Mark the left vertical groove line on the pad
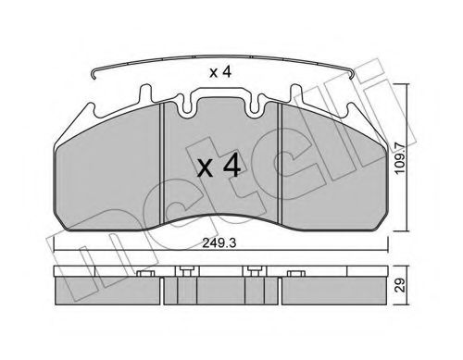[x=163, y=167]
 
